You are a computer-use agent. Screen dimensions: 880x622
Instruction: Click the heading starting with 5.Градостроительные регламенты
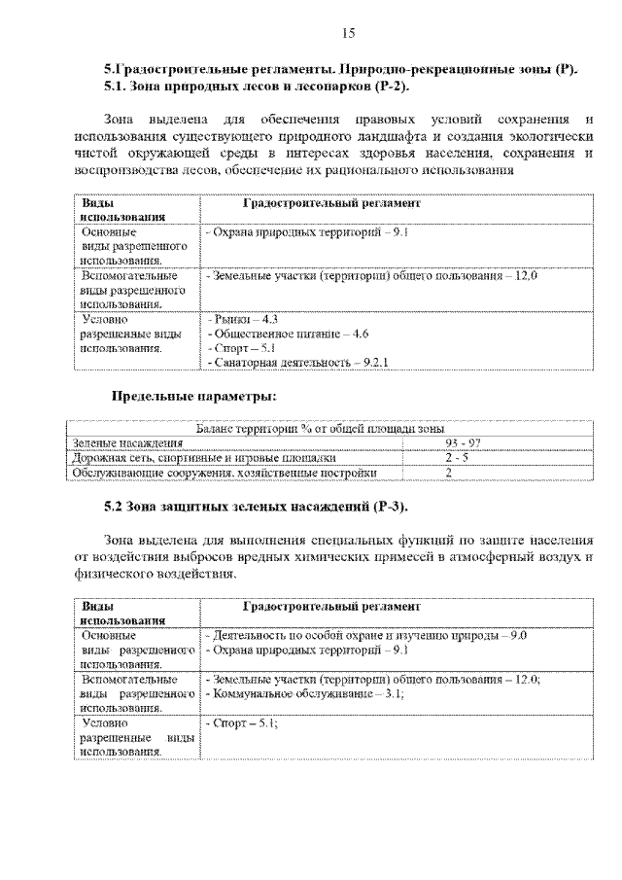click(x=340, y=70)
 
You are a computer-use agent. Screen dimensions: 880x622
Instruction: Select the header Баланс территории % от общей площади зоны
click(x=320, y=428)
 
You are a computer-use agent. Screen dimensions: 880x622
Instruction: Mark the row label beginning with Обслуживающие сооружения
click(x=223, y=473)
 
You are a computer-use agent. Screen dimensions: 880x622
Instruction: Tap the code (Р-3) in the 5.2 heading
click(x=389, y=507)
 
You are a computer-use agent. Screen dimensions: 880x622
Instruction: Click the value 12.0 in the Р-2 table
click(x=526, y=276)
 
